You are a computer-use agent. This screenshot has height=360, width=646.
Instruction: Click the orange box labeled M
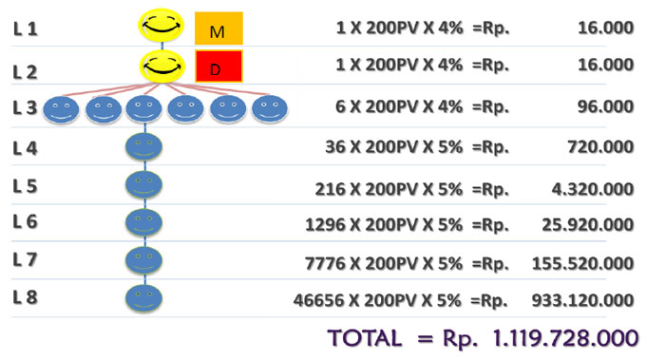[218, 30]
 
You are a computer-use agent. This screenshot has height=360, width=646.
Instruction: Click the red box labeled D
[218, 66]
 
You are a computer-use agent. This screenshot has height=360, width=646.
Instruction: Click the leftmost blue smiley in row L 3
[63, 110]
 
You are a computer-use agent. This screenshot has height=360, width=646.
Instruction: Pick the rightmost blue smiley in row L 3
[269, 110]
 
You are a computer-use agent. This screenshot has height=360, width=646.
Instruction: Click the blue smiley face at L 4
[143, 147]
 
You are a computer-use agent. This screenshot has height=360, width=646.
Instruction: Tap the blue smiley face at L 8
[143, 298]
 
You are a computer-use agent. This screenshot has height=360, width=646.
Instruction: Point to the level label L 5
[26, 185]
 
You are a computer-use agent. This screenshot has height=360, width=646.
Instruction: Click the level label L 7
[26, 258]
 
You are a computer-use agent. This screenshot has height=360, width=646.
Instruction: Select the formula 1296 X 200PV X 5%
[385, 224]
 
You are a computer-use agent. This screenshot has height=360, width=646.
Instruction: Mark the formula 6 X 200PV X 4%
[400, 107]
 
